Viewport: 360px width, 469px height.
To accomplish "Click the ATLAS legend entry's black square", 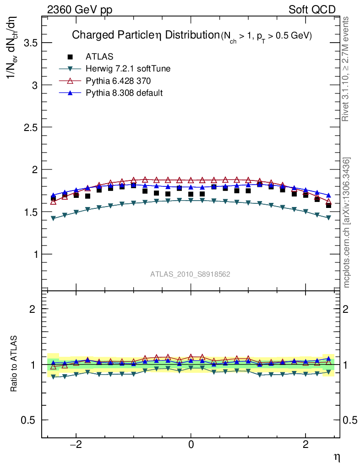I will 70,57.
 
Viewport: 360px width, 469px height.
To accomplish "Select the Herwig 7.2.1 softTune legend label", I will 128,69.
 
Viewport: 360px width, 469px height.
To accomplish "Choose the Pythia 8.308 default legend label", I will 124,93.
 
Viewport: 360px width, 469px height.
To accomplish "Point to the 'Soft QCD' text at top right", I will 312,10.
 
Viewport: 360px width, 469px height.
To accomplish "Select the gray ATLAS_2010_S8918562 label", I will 190,274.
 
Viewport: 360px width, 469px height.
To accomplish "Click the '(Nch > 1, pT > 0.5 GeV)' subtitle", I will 266,36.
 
